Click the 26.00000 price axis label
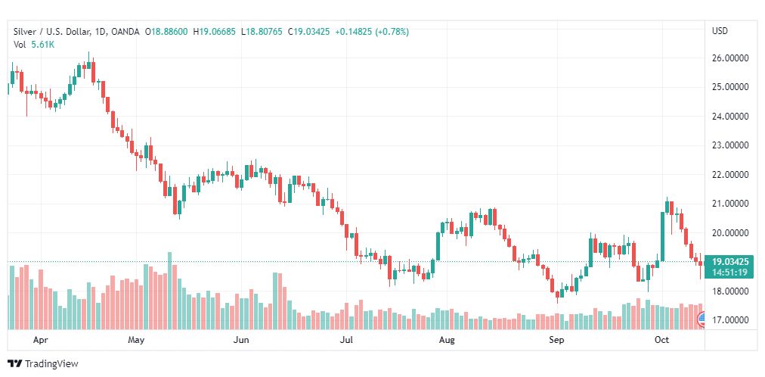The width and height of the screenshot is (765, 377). pos(729,58)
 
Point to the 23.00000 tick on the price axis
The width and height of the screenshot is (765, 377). pos(729,145)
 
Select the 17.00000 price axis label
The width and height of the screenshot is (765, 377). pos(729,320)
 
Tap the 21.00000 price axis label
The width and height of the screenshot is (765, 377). pos(729,204)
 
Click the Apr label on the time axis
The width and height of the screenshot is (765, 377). pos(42,340)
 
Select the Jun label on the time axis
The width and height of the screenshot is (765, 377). pos(241,340)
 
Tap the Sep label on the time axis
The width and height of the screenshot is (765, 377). pos(557,340)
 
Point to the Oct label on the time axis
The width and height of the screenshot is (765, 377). pos(662,340)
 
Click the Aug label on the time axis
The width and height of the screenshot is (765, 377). pos(447,340)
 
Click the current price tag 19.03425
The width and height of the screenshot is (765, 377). pos(729,261)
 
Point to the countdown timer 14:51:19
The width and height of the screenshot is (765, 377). pos(729,272)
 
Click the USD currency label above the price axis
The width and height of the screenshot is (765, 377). pos(720,31)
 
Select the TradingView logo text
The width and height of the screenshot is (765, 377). pos(51,364)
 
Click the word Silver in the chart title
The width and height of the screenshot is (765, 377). pos(25,32)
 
